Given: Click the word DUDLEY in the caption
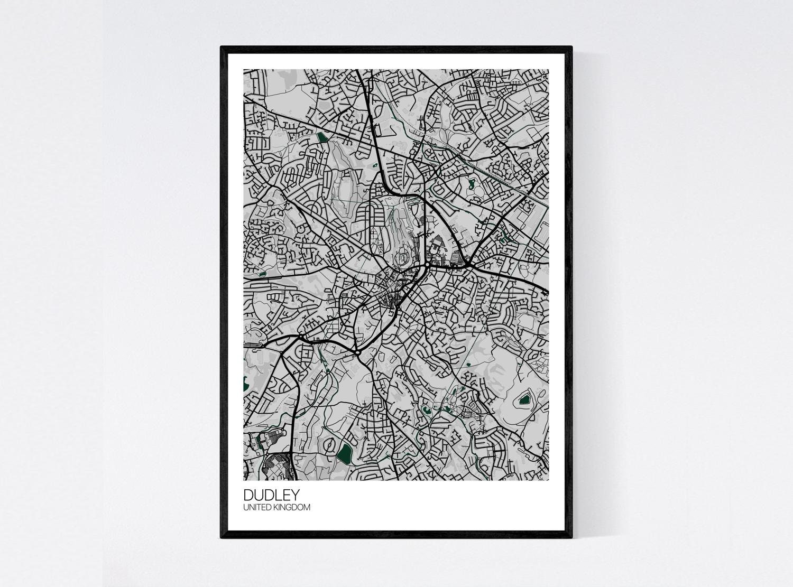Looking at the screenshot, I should click(271, 495).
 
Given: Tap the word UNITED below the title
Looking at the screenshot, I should click(256, 508).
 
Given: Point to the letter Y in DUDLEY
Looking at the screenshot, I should click(294, 495).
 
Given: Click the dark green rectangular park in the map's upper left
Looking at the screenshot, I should click(322, 138).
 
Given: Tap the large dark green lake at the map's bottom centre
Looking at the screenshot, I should click(345, 452).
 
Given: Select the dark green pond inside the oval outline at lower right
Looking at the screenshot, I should click(524, 400).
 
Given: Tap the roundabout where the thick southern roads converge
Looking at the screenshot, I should click(358, 352).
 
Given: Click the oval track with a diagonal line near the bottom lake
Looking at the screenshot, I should click(330, 445).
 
